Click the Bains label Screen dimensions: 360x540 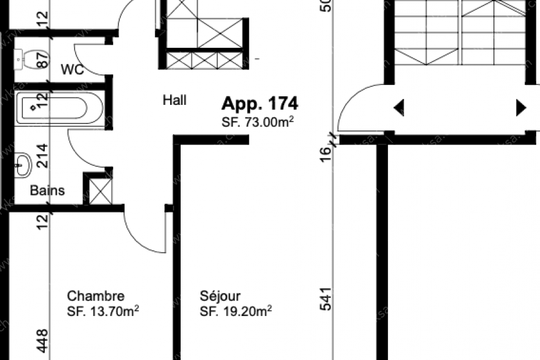[47, 191]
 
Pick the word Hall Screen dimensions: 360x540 [174, 99]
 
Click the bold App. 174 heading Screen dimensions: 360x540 [259, 103]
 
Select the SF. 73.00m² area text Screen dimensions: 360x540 [257, 122]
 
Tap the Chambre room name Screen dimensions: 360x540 [96, 296]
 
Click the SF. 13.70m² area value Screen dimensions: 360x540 [102, 310]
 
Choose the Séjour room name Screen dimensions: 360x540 [220, 296]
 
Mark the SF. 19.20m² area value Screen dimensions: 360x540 [236, 310]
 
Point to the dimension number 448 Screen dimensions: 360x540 [42, 341]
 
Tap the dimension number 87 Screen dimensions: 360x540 [42, 61]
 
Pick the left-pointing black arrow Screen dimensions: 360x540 [398, 108]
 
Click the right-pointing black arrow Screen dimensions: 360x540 [521, 108]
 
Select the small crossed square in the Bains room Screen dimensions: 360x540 [100, 191]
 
